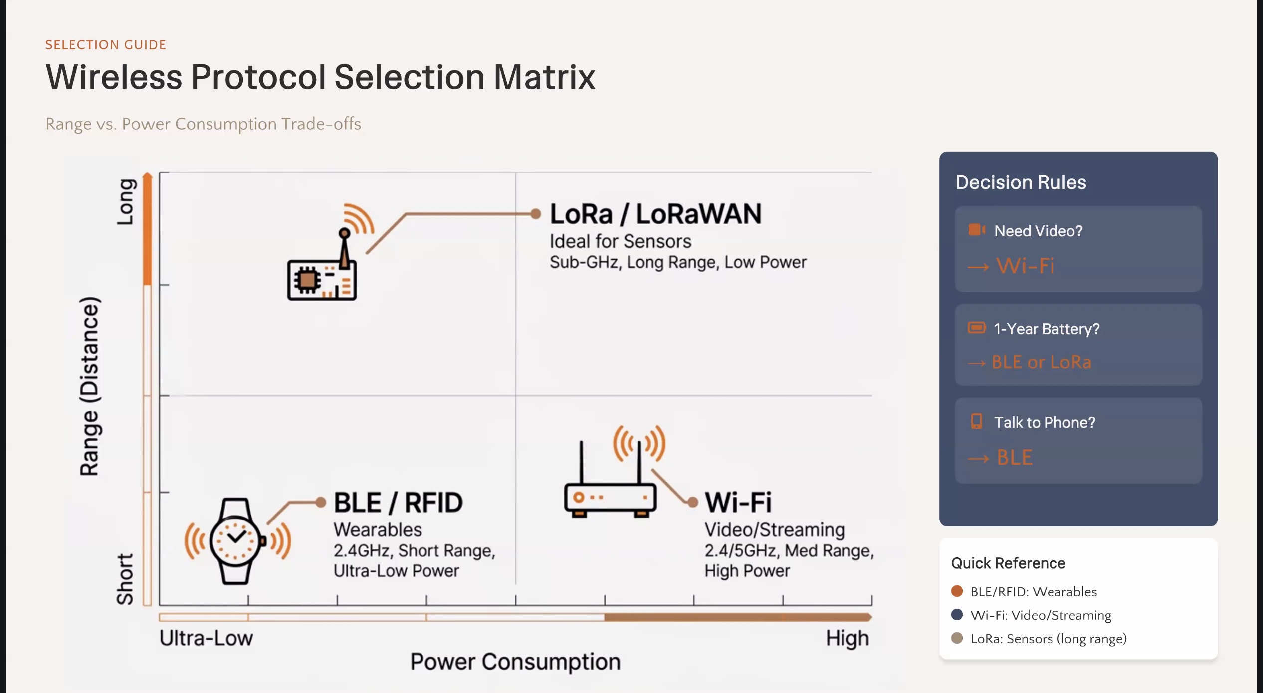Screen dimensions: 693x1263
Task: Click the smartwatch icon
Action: pos(236,541)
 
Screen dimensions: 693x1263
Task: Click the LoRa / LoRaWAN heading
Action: pos(655,214)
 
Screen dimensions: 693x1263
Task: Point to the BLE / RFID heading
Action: pos(398,502)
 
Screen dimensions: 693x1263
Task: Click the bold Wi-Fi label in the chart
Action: pos(738,502)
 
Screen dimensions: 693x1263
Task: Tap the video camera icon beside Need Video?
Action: pos(976,230)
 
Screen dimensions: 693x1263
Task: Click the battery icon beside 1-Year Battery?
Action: pos(976,328)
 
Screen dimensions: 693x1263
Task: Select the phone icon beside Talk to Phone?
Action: pos(976,421)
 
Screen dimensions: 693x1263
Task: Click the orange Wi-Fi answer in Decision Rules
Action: pos(1025,266)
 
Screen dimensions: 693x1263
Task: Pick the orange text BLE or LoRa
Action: pos(1041,362)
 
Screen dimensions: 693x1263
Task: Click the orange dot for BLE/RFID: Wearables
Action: pos(957,591)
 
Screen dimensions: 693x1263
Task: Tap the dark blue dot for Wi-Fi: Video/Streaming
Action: pos(957,615)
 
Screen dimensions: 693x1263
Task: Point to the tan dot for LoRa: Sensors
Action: pos(957,638)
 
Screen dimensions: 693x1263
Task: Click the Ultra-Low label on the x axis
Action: pos(206,638)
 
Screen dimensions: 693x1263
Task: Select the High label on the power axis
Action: pos(847,638)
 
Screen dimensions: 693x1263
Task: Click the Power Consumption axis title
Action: pos(515,662)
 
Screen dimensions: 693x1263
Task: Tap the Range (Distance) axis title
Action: pos(90,386)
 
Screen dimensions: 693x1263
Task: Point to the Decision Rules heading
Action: pos(1021,182)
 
